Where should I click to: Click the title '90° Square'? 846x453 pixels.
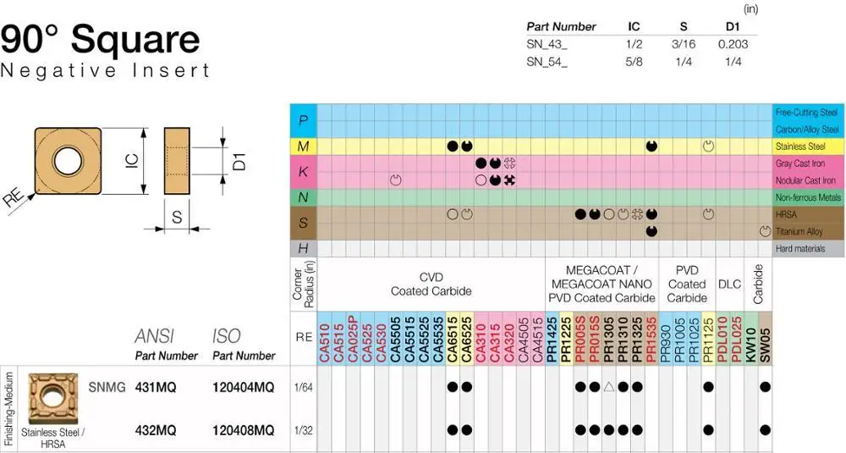click(101, 39)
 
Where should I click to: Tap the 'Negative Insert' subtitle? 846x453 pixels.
click(105, 70)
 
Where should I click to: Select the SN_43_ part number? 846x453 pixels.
click(547, 44)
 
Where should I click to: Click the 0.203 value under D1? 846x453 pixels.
click(733, 44)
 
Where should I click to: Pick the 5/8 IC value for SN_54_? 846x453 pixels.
click(634, 61)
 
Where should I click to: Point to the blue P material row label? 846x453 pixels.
click(303, 120)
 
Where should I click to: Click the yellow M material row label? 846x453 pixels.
click(303, 146)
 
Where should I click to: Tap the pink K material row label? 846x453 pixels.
click(303, 172)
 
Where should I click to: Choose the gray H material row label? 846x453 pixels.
click(303, 249)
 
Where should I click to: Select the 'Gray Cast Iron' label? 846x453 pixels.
click(805, 163)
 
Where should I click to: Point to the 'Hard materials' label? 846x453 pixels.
click(805, 249)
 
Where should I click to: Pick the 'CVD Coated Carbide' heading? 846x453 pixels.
click(431, 285)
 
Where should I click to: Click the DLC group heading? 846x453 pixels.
click(729, 285)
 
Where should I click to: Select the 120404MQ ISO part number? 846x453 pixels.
click(244, 387)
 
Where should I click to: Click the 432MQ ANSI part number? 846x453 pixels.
click(156, 430)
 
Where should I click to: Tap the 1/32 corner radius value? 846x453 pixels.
click(304, 430)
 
